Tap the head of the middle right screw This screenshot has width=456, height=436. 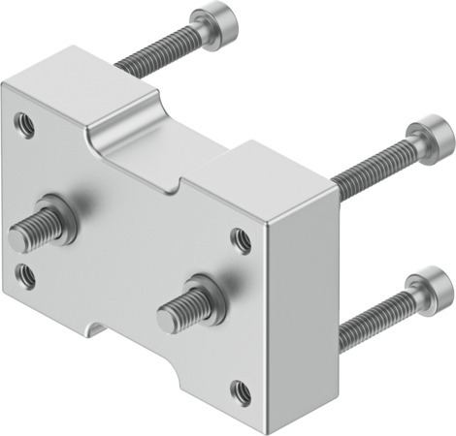coord(428,137)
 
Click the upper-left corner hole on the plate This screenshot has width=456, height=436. coord(24,122)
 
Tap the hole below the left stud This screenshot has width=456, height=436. coord(27,275)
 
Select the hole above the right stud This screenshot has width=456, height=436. coord(239,236)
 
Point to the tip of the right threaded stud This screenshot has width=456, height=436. coord(167,317)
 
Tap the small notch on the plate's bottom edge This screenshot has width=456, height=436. coord(90,329)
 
